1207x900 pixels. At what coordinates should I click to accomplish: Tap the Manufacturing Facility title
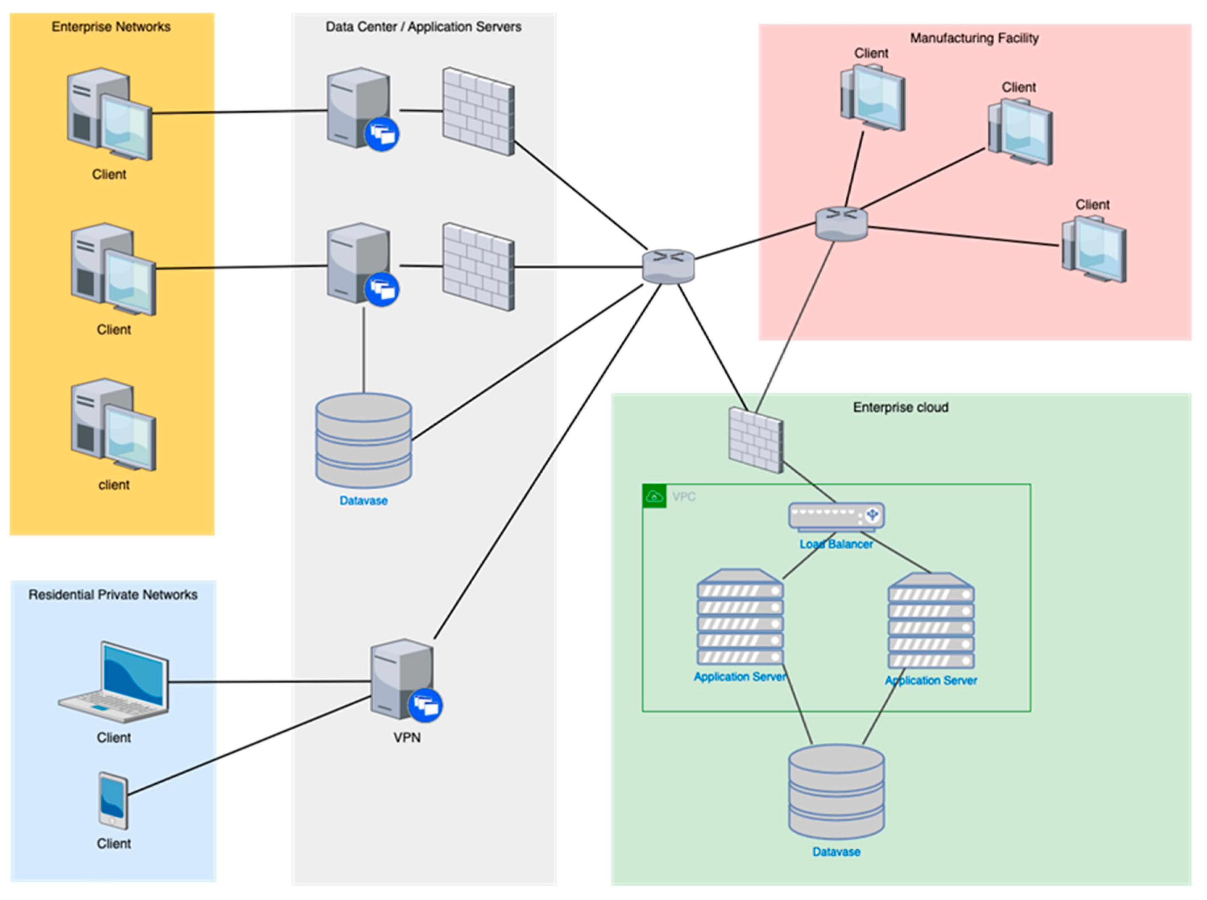click(974, 38)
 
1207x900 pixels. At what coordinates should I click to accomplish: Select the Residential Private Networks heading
click(113, 594)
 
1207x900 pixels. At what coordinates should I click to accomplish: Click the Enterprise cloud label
click(900, 407)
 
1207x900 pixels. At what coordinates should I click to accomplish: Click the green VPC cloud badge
click(654, 496)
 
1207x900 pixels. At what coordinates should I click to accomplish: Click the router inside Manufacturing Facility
click(841, 223)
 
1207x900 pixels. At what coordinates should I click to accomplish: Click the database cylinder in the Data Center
click(363, 440)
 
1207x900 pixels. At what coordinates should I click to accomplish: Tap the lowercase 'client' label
click(114, 485)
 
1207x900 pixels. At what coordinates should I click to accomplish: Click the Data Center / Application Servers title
click(423, 27)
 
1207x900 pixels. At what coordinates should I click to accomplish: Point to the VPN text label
click(407, 738)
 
